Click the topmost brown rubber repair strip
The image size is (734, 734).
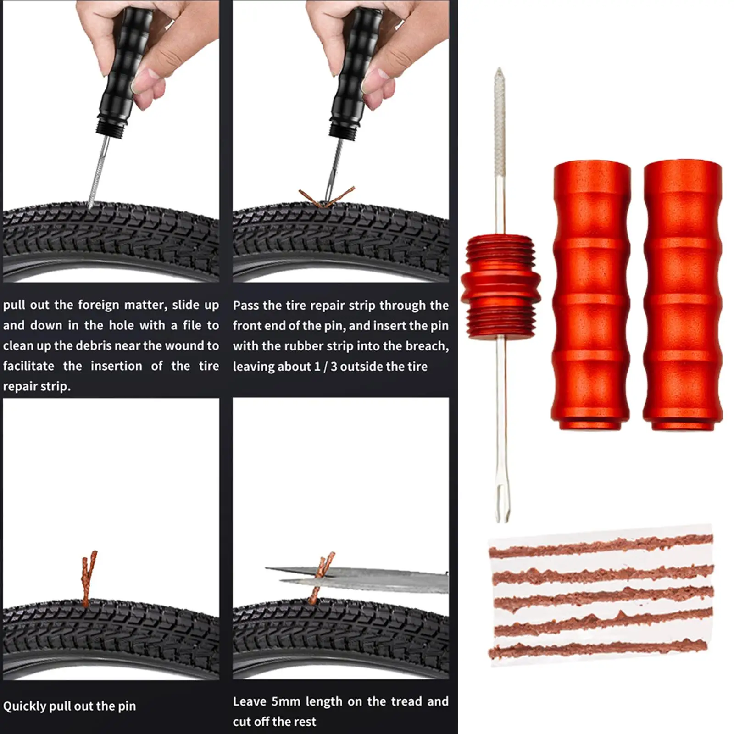(x=601, y=545)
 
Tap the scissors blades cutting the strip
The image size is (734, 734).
(x=358, y=579)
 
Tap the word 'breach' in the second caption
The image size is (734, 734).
(x=424, y=345)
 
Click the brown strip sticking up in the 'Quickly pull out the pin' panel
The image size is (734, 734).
(x=89, y=577)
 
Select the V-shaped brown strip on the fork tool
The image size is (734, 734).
(x=327, y=196)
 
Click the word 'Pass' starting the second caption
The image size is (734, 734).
(x=246, y=306)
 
